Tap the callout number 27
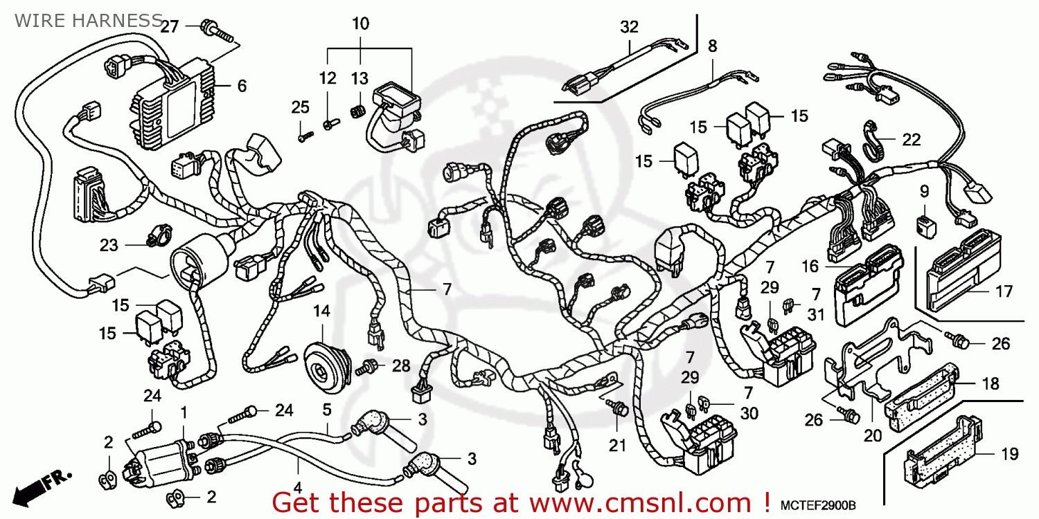coord(170,27)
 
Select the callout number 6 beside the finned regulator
coord(242,86)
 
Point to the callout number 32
coord(629,27)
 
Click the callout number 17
coord(1004,291)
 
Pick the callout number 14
coord(321,311)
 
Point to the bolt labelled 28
coord(368,366)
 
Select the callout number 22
coord(912,139)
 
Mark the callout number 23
coord(109,245)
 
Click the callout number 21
coord(617,446)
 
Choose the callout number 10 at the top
coord(360,24)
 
